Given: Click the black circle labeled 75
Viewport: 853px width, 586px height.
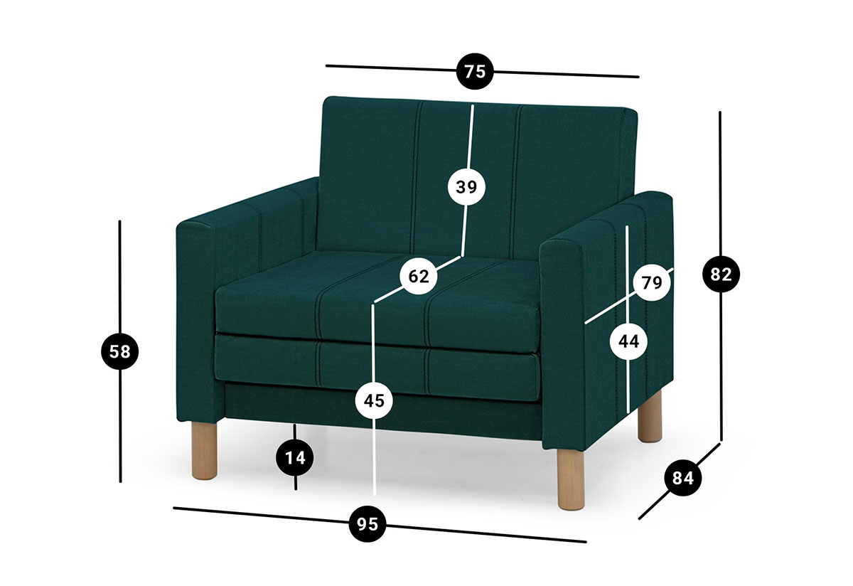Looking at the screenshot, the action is coord(475,71).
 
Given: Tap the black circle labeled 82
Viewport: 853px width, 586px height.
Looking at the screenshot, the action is coord(721,274).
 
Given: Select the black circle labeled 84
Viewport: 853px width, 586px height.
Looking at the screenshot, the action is coord(683,477).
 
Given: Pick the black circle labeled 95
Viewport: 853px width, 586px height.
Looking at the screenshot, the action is coord(368,524).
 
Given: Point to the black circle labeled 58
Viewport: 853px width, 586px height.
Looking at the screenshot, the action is coord(119,351).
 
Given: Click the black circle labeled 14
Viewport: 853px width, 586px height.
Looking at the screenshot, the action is coord(295,457).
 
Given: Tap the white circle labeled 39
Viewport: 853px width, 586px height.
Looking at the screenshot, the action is coord(466,187).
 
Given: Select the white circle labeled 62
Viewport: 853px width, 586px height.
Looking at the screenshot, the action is coord(419,276).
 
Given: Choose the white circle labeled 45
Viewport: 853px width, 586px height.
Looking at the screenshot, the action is coord(374,400).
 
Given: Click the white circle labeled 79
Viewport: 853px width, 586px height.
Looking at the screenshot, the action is coord(652,282).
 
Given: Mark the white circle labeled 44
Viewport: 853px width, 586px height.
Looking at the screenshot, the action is coord(628,341).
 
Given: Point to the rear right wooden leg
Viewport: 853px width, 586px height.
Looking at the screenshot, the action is coord(650,417).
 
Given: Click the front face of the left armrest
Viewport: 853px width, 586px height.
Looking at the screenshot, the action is coord(195,324).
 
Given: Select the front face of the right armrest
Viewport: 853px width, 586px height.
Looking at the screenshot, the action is coord(562,345).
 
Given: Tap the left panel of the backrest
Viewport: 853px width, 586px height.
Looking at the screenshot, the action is coord(368,175).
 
